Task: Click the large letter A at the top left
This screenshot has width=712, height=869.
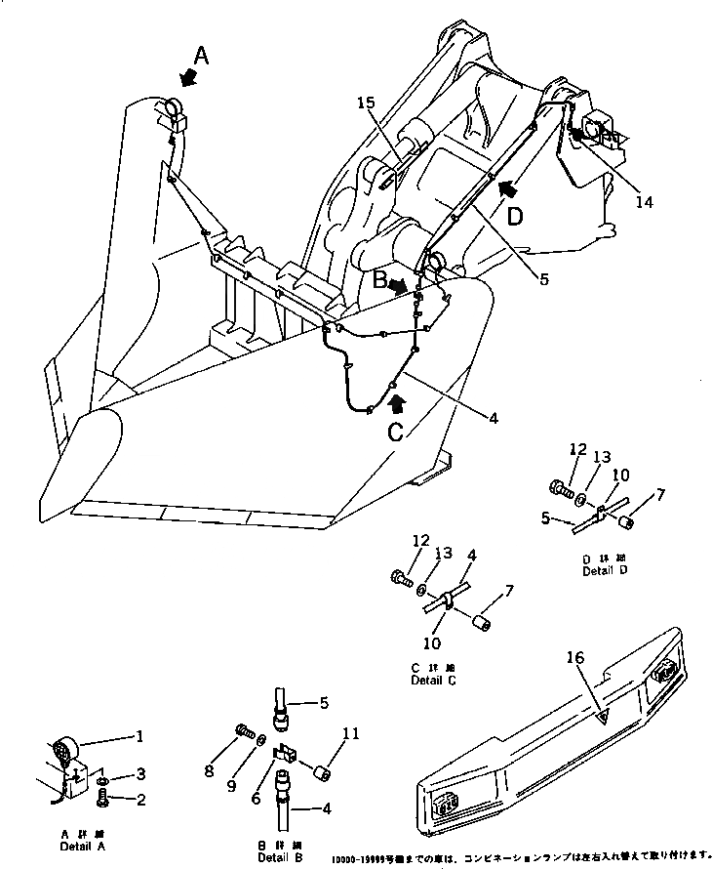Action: coord(200,56)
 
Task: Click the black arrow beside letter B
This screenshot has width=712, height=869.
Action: coord(397,286)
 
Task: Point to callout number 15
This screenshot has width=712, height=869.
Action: coord(365,102)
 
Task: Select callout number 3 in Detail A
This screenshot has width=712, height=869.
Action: coord(140,774)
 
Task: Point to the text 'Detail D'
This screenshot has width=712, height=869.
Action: coord(604,570)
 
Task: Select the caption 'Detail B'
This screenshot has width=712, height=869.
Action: coord(279,857)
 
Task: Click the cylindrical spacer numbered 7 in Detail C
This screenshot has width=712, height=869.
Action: coord(481,622)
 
